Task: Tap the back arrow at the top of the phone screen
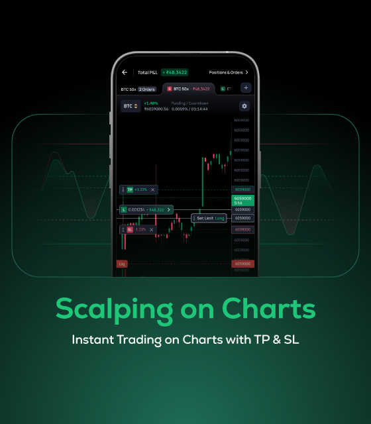pos(124,72)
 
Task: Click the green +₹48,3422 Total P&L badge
pos(175,72)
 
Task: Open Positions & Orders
pos(228,72)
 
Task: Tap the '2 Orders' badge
pos(146,88)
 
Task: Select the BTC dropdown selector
pos(131,106)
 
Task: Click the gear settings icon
pos(244,106)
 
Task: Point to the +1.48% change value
pos(150,103)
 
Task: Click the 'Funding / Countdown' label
pos(189,103)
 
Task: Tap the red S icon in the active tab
pos(169,88)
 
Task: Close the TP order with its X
pos(152,189)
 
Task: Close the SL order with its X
pos(151,229)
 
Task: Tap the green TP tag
pos(130,189)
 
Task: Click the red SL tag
pos(130,229)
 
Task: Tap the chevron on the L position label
pos(168,209)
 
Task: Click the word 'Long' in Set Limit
pos(219,217)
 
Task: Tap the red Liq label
pos(121,264)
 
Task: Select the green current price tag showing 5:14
pos(242,200)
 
